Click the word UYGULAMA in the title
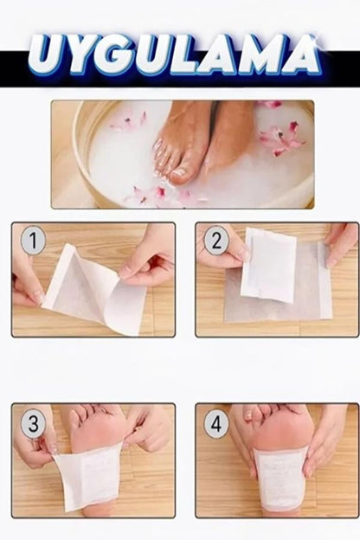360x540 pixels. pyautogui.click(x=174, y=55)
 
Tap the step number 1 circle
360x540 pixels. pyautogui.click(x=33, y=240)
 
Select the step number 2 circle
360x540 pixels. pyautogui.click(x=216, y=240)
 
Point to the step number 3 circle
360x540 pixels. pyautogui.click(x=33, y=423)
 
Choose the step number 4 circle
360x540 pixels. pyautogui.click(x=216, y=423)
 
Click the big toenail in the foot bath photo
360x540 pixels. pyautogui.click(x=179, y=174)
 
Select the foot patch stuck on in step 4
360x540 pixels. pyautogui.click(x=280, y=478)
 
